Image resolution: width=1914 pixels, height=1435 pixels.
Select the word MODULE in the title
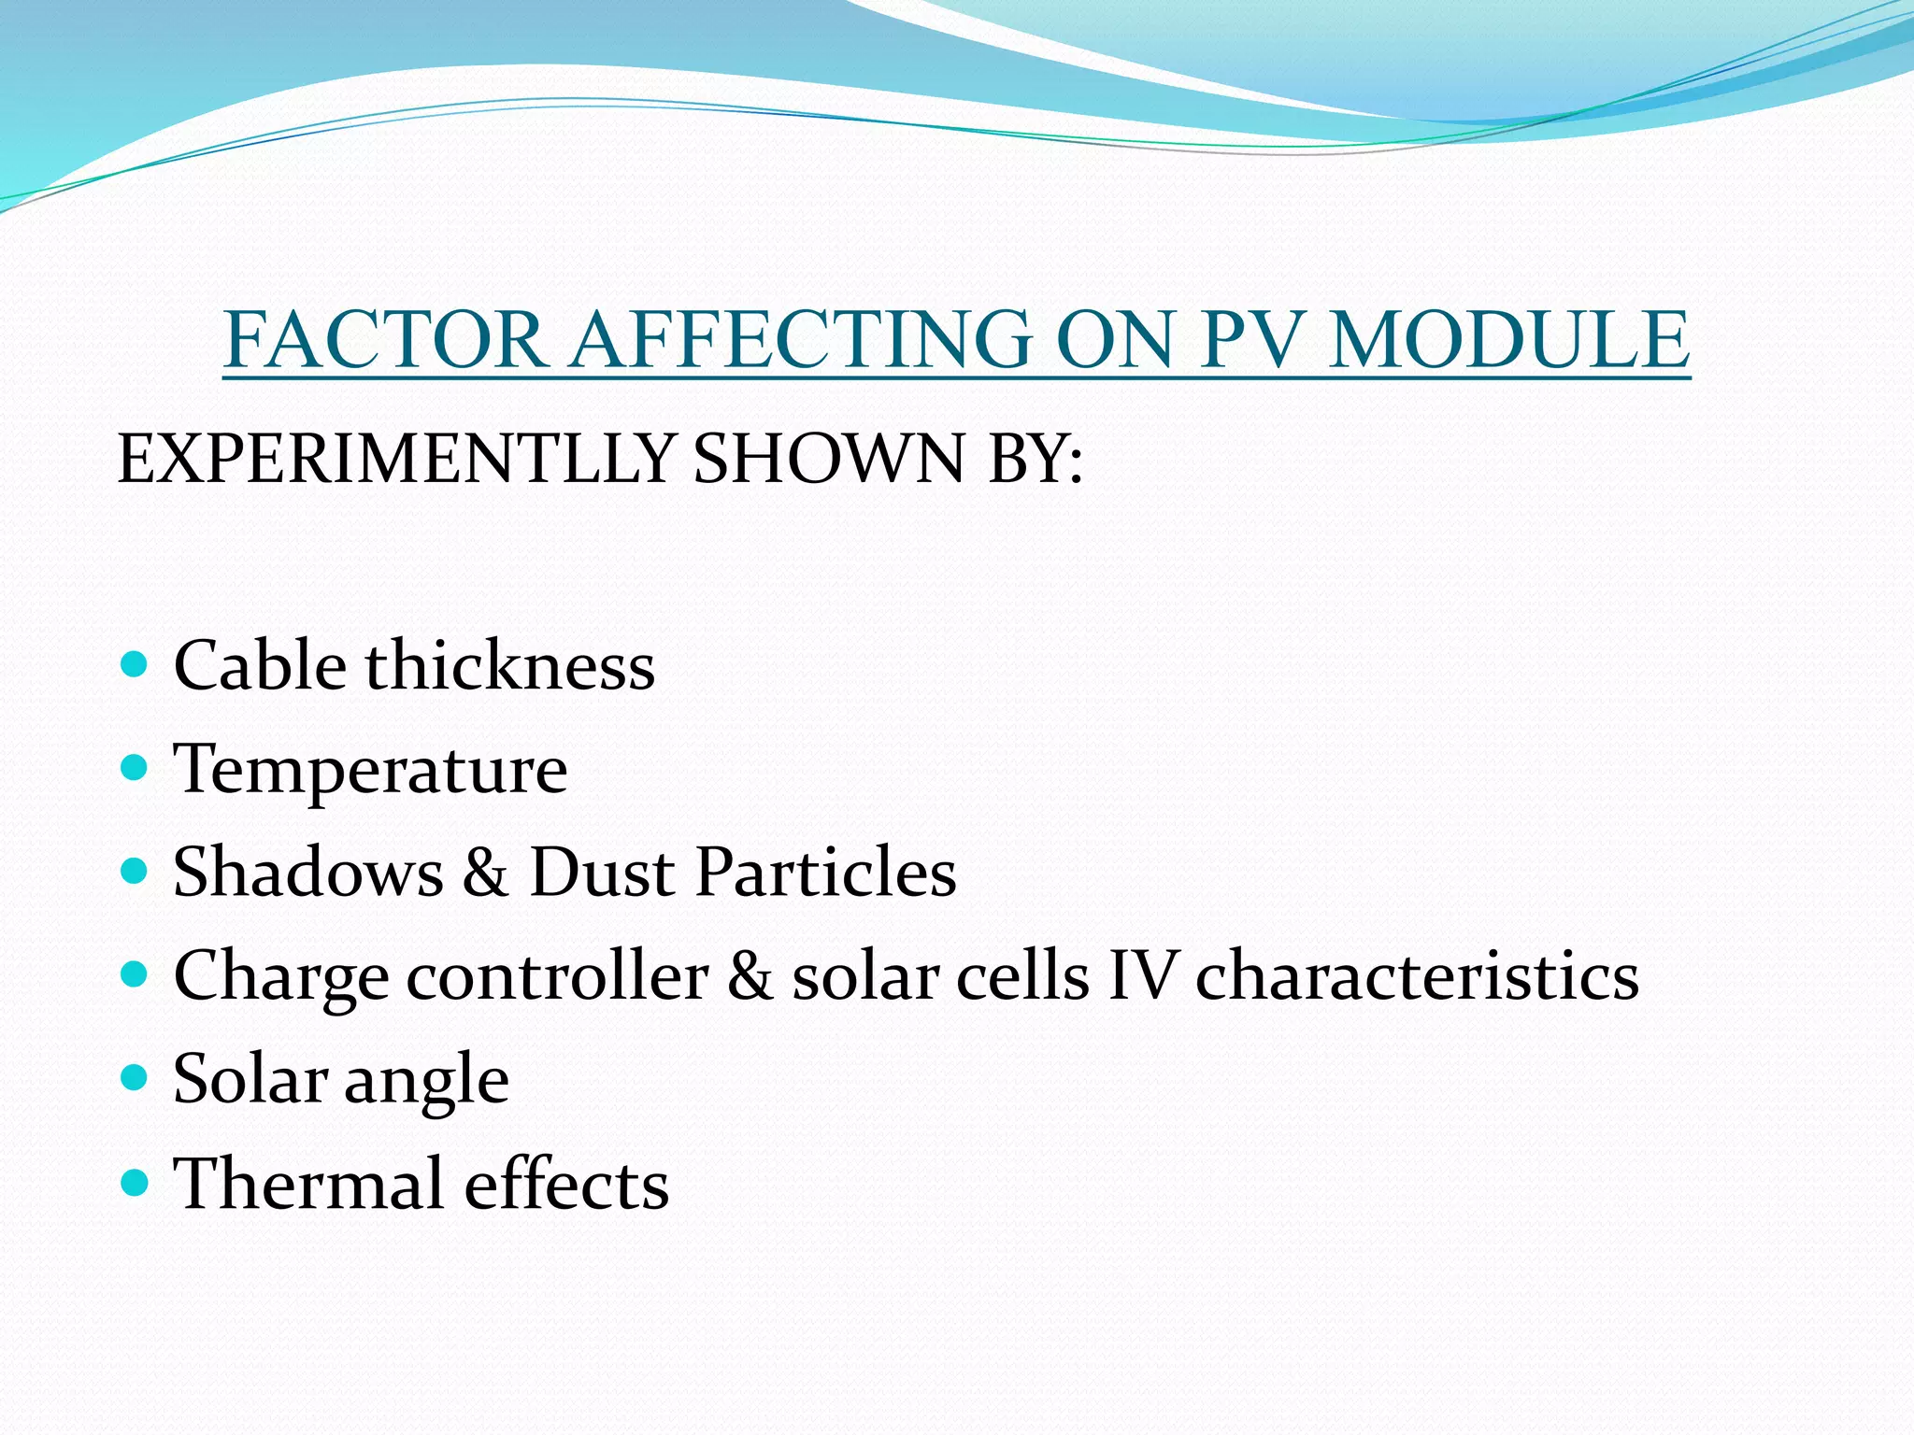(x=1509, y=340)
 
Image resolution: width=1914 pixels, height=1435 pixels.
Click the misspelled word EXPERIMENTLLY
(x=396, y=460)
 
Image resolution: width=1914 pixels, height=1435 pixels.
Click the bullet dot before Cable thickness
(x=136, y=665)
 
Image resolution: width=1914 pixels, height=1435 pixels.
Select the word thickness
(x=510, y=666)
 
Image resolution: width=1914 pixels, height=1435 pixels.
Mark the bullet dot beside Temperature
(x=136, y=769)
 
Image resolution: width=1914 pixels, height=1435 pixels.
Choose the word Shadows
(x=308, y=873)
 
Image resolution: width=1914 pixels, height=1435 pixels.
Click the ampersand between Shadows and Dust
(x=486, y=873)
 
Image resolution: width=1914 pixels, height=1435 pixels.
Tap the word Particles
(x=826, y=873)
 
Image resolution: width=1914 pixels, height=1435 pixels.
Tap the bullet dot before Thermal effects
(x=136, y=1183)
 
